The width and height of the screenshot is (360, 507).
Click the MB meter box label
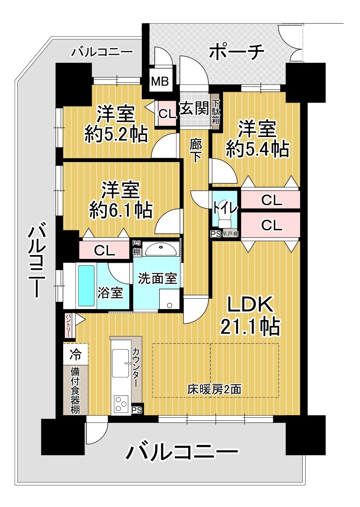160,81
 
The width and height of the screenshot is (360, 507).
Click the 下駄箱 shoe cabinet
215,112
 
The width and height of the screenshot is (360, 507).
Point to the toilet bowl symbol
224,219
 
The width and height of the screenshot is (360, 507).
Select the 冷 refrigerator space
75,355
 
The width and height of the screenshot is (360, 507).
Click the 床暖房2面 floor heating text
214,390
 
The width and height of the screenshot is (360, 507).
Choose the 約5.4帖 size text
257,149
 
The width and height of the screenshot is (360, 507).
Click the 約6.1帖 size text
120,210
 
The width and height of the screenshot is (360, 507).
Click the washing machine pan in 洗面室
170,299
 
